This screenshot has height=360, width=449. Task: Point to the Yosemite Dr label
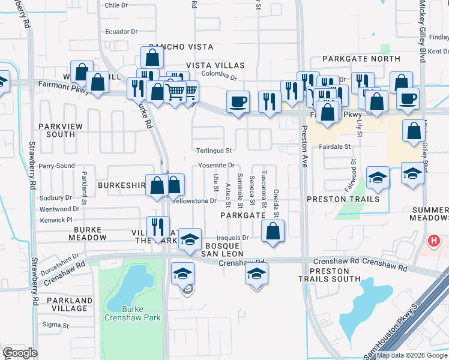(x=216, y=166)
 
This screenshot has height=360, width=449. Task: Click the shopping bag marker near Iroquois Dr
(x=273, y=230)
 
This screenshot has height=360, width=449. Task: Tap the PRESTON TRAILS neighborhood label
(x=343, y=199)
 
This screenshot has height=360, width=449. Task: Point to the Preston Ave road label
(x=304, y=146)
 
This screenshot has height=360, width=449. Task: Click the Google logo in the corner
(x=20, y=353)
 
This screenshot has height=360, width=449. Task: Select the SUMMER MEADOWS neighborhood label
(x=430, y=214)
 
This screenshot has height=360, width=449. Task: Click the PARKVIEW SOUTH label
(x=56, y=130)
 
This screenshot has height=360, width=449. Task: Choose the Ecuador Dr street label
(x=121, y=31)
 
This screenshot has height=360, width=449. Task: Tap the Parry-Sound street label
(x=56, y=166)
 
